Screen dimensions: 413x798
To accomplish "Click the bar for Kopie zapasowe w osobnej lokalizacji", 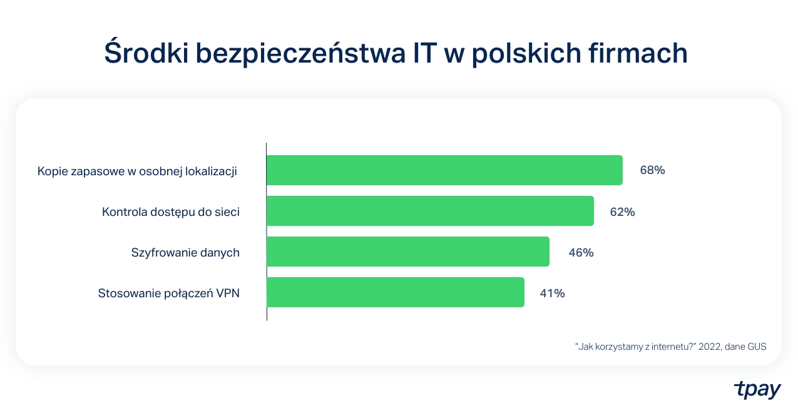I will click(444, 170).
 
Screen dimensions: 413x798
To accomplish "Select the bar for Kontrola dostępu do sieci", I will click(430, 211).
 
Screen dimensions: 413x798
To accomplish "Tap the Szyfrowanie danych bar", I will click(407, 252).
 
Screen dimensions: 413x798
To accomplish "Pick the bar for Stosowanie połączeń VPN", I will click(395, 292).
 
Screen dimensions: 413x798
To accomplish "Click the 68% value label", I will click(652, 170).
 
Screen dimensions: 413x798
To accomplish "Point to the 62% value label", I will click(623, 212).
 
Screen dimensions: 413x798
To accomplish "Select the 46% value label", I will click(581, 253).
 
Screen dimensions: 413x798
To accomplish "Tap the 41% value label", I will click(553, 293).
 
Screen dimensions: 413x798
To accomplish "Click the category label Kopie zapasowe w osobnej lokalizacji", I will click(137, 171).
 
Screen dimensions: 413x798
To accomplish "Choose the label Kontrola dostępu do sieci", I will click(170, 212).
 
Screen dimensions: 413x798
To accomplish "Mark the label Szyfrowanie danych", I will click(185, 253).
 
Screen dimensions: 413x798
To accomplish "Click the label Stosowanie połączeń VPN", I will click(168, 293).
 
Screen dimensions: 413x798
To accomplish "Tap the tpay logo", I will click(757, 390).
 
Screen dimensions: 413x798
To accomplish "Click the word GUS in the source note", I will click(755, 346).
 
